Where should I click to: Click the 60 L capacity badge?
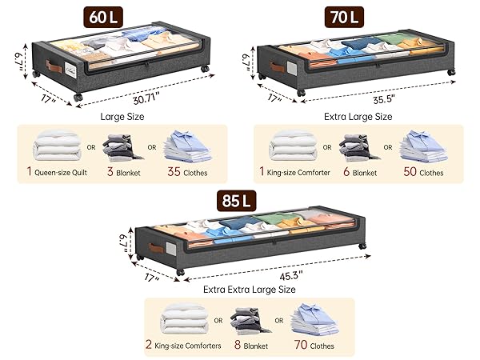(x=103, y=17)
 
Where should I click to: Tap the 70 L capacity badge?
(x=344, y=17)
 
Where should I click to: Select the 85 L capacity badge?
(x=236, y=201)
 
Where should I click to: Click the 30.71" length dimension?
(x=146, y=99)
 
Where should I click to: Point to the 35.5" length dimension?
(x=384, y=99)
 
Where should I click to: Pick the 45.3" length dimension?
(x=291, y=275)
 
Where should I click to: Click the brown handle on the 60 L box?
(x=54, y=66)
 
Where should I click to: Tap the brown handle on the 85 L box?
(x=156, y=248)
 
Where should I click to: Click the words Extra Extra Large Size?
(x=249, y=290)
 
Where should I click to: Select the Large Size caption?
(x=122, y=116)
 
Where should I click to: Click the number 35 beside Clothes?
(x=174, y=172)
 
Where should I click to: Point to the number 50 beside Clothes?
(x=410, y=172)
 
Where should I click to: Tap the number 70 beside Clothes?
(x=301, y=345)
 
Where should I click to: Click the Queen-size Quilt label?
(x=61, y=173)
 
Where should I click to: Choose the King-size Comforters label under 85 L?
(x=188, y=346)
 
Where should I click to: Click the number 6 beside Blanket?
(x=346, y=172)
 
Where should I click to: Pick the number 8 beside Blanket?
(x=238, y=345)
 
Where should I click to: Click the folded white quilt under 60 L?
(x=58, y=146)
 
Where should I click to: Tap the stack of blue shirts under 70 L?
(x=423, y=146)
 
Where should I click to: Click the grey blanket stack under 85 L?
(x=250, y=321)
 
